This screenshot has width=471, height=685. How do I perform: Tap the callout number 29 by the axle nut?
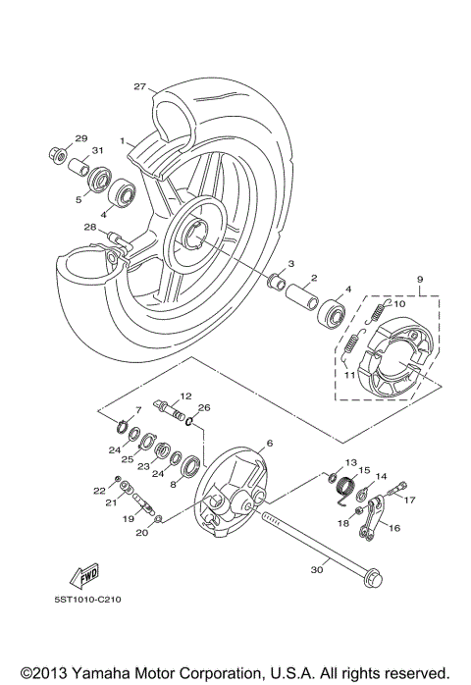pyautogui.click(x=81, y=137)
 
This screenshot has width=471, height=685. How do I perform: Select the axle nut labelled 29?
pyautogui.click(x=58, y=153)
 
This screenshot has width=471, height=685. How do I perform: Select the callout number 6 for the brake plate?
pyautogui.click(x=270, y=444)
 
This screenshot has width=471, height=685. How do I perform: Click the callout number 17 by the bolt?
pyautogui.click(x=410, y=499)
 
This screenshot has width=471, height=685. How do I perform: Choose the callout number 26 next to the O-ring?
pyautogui.click(x=204, y=407)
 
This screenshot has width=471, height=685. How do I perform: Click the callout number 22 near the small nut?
pyautogui.click(x=98, y=490)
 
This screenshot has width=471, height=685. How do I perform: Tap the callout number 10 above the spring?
pyautogui.click(x=399, y=304)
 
